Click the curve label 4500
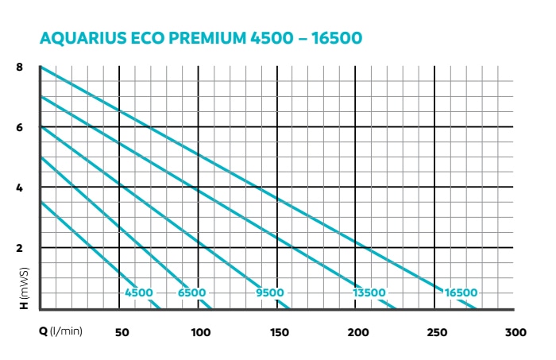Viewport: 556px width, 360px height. [x=139, y=293]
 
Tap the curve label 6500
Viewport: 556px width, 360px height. [x=191, y=293]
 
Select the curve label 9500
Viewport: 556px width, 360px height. [x=270, y=293]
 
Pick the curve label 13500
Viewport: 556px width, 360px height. [x=369, y=293]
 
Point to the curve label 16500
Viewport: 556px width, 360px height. [x=462, y=293]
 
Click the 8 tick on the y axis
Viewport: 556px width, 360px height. [x=20, y=67]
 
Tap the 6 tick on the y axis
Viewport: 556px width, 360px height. [x=20, y=127]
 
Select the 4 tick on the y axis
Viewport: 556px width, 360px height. [x=20, y=188]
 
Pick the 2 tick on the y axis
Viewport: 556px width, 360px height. [x=20, y=248]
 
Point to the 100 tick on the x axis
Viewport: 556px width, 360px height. [x=201, y=332]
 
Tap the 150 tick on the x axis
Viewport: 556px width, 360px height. [x=279, y=332]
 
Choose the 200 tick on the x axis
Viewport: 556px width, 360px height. [x=358, y=332]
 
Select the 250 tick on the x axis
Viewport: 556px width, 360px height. [x=437, y=332]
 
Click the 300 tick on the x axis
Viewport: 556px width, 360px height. [x=515, y=332]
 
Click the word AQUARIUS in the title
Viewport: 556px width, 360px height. [x=81, y=37]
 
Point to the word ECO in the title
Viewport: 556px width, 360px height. [x=147, y=37]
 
